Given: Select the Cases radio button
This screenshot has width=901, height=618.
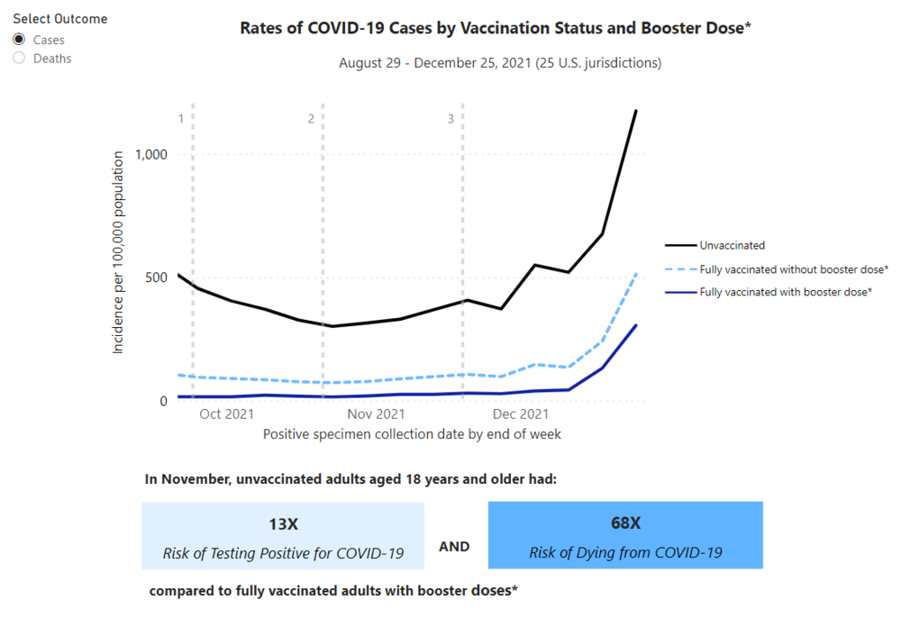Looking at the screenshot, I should pos(18,40).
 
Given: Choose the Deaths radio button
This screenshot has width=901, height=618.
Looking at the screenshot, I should pos(18,59).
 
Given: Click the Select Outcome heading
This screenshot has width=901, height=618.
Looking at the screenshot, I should pos(59,19).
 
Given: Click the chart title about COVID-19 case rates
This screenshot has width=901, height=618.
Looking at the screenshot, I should pos(496,28).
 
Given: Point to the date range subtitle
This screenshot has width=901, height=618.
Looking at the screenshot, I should pos(500,63).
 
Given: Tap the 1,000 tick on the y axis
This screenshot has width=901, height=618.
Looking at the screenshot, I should pos(151,154).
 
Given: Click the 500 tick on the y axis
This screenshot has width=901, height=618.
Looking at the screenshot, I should pos(158,277).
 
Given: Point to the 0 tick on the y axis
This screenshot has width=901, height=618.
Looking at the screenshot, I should pos(164,401).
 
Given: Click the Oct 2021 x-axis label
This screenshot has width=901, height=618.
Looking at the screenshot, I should pos(226,414).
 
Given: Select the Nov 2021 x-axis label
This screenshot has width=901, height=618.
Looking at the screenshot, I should pos(376,414).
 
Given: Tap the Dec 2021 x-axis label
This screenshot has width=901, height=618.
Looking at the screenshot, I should pos(521,414).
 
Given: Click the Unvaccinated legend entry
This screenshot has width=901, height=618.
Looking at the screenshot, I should pos(732,245).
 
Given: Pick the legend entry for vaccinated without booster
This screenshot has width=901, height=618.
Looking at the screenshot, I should pos(794,268).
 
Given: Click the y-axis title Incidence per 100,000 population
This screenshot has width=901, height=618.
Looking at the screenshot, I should pos(118,252).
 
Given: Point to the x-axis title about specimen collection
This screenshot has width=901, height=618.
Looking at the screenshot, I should pos(412,434).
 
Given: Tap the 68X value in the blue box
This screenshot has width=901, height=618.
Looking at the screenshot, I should pos(625,523).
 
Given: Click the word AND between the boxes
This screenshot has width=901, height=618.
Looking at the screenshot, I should pos(454,546).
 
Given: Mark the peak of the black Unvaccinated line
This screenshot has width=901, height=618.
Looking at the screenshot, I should pos(636,111).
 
